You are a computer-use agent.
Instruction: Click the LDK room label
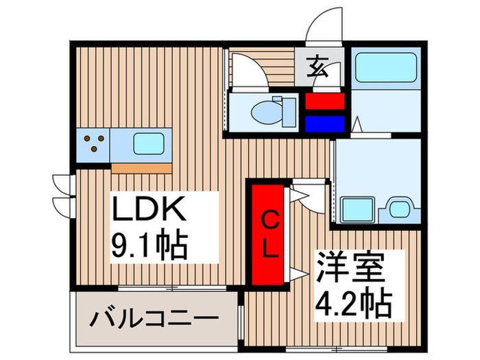tap(149, 208)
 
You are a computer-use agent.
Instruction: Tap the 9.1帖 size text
tap(149, 245)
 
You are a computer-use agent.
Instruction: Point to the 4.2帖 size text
tap(354, 304)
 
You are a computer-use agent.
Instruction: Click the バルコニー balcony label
tap(154, 319)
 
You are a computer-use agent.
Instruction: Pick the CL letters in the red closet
tap(270, 235)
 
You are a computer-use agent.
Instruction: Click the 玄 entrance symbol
tap(318, 67)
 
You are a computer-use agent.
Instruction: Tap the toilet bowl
tap(265, 112)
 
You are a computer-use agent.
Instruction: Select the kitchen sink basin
tap(149, 144)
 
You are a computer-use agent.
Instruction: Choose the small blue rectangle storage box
tap(325, 123)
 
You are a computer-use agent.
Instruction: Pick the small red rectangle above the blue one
tap(325, 101)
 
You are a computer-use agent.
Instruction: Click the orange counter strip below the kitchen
tap(141, 168)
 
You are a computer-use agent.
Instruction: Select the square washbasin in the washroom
tap(357, 209)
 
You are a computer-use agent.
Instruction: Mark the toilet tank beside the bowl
tap(289, 112)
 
